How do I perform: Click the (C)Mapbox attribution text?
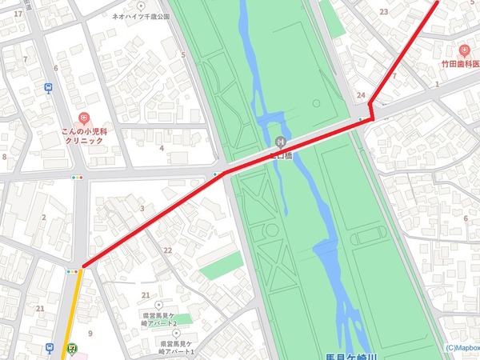[x=462, y=348]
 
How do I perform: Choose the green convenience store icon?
[x=73, y=349]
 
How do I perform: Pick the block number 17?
[x=18, y=14]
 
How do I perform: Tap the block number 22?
[x=168, y=250]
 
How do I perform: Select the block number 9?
[x=90, y=333]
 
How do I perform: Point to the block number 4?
[x=162, y=147]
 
